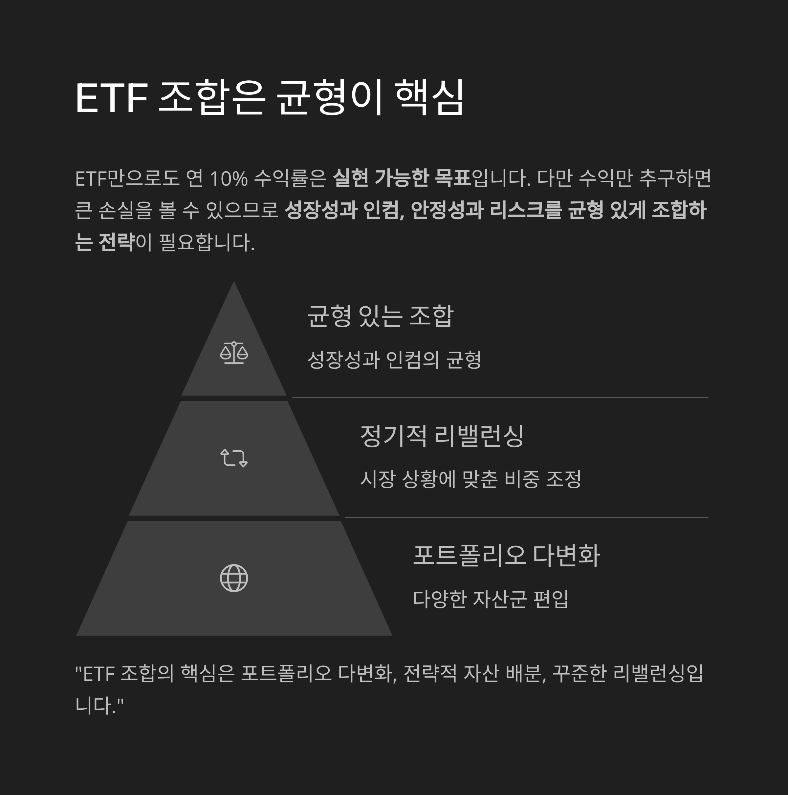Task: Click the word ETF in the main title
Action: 112,98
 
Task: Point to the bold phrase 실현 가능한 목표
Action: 401,178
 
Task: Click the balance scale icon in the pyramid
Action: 234,353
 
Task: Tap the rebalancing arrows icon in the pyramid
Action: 234,458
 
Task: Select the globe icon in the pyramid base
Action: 234,578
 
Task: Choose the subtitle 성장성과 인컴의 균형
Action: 394,360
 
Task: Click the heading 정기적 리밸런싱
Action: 442,436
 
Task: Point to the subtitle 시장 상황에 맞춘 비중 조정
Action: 471,479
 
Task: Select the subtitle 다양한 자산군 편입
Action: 490,599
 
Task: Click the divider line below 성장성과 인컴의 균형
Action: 500,397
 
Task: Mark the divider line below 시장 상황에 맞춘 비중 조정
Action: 526,517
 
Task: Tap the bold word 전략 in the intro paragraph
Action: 117,242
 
